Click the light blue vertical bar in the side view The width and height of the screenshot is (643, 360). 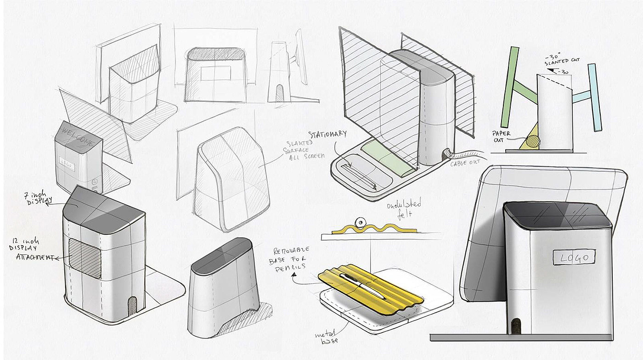coord(595,96)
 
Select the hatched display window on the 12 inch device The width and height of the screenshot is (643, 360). coord(85,258)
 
